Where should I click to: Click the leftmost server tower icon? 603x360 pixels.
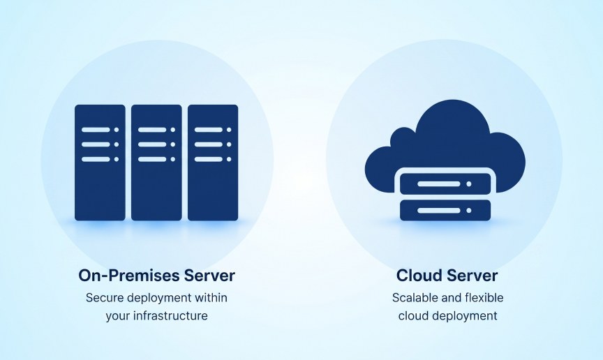pos(100,163)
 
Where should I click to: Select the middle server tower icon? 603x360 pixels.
pos(156,163)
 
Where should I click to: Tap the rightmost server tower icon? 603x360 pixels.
pos(213,163)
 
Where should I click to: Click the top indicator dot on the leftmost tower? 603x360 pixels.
pos(117,130)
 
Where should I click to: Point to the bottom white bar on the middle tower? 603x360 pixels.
pos(152,159)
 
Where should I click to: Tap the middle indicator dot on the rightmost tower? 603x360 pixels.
pos(229,144)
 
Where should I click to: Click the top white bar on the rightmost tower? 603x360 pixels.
pos(209,130)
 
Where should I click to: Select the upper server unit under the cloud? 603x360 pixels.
pos(445,184)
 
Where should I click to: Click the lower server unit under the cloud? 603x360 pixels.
pos(445,211)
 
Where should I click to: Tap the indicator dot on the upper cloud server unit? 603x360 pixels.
pos(469,184)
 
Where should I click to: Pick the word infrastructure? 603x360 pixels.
pos(170,316)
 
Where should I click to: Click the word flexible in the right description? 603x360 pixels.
pos(484,298)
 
